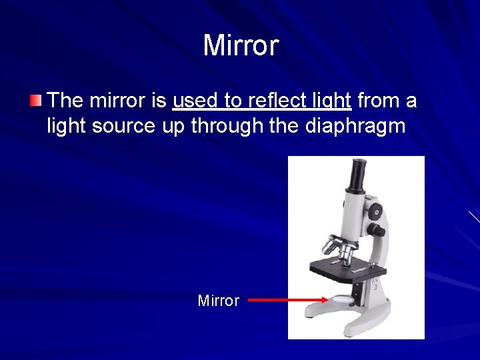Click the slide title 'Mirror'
pyautogui.click(x=241, y=46)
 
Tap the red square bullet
pyautogui.click(x=35, y=101)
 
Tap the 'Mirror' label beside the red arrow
pyautogui.click(x=218, y=301)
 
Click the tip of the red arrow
pyautogui.click(x=327, y=300)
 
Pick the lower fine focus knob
pyautogui.click(x=378, y=231)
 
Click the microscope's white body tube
pyautogui.click(x=353, y=210)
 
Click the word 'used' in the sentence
pyautogui.click(x=195, y=101)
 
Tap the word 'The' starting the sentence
pyautogui.click(x=65, y=101)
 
